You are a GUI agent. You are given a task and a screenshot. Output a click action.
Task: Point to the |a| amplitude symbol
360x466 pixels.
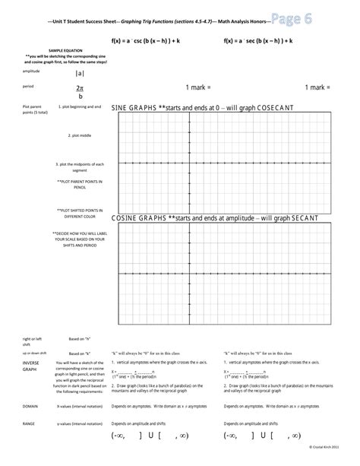[x=81, y=73]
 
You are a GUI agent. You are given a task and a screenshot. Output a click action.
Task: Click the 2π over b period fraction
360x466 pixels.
[x=81, y=92]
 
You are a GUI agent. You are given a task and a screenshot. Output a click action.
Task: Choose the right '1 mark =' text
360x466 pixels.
[x=317, y=88]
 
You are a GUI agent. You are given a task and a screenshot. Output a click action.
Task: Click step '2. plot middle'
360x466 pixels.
[x=79, y=135]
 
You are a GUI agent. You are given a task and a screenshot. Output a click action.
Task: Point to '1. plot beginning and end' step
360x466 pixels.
[x=78, y=108]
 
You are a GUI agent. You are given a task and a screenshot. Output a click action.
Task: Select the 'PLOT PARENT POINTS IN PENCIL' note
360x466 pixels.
[x=80, y=185]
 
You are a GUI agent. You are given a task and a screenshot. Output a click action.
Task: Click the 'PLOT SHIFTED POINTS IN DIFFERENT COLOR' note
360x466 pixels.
[x=80, y=212]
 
